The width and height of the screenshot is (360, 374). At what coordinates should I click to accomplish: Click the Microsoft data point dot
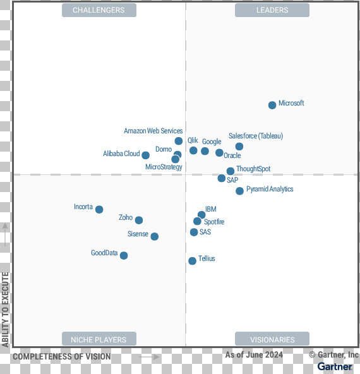tap(272, 105)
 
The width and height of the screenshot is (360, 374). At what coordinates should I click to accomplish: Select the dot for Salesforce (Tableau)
tap(239, 147)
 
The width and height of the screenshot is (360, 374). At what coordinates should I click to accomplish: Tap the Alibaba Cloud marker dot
tap(145, 155)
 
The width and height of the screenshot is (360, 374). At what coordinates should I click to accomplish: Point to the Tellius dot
tap(192, 261)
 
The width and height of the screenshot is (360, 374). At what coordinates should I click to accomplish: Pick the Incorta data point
tap(99, 209)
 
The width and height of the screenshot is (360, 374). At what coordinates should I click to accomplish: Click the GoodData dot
tap(124, 255)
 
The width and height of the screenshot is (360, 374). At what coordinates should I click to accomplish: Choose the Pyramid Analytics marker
tap(239, 191)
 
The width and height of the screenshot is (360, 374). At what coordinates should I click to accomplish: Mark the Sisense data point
tap(155, 236)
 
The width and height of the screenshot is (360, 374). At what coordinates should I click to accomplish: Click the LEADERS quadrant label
tap(272, 10)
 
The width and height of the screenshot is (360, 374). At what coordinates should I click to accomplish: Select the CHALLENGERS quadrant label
tap(99, 10)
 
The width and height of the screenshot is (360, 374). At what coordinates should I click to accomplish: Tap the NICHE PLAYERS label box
tap(99, 339)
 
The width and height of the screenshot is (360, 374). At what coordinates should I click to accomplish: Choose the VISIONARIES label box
tap(272, 339)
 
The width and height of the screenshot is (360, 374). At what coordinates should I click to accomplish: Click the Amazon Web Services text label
tap(153, 131)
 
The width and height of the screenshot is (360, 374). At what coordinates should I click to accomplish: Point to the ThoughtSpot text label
tap(253, 169)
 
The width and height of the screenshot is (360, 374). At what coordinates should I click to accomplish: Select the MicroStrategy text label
tap(164, 167)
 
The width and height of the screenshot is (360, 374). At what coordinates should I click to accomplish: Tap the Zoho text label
tap(126, 217)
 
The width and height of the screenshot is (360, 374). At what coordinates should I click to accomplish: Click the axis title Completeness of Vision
tap(62, 356)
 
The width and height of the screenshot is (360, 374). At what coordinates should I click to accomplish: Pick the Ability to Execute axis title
tap(5, 310)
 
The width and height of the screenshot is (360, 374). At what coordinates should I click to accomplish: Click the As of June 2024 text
tap(254, 355)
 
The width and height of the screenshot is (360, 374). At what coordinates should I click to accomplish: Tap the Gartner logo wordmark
tap(335, 366)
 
